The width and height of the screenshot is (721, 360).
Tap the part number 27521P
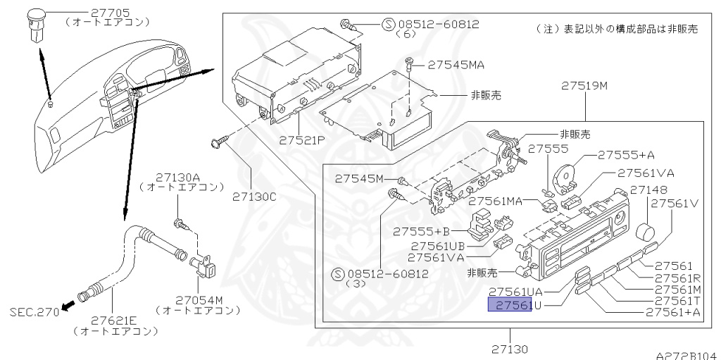301,140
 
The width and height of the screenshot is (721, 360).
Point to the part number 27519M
584,87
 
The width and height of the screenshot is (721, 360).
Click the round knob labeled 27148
645,232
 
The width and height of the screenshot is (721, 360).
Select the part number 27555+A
626,155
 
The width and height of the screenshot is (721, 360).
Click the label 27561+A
673,311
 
